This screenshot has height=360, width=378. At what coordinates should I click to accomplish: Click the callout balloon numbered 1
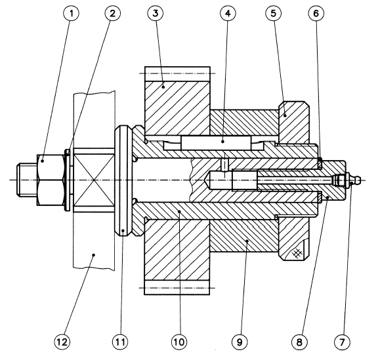point(72,13)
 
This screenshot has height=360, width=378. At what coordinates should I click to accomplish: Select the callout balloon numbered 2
point(113,13)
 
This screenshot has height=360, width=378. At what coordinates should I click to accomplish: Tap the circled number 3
point(156,13)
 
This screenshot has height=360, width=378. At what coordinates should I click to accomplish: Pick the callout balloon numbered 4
point(228,13)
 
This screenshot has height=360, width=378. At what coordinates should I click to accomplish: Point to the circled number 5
point(273,13)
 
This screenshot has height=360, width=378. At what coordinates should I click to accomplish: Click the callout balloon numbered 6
point(316,13)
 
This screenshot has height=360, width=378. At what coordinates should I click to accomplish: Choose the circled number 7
point(342,342)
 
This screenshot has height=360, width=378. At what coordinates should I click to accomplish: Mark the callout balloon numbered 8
point(299,342)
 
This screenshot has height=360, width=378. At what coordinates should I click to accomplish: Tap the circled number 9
point(240,342)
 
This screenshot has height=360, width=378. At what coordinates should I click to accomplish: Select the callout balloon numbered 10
point(179,342)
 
